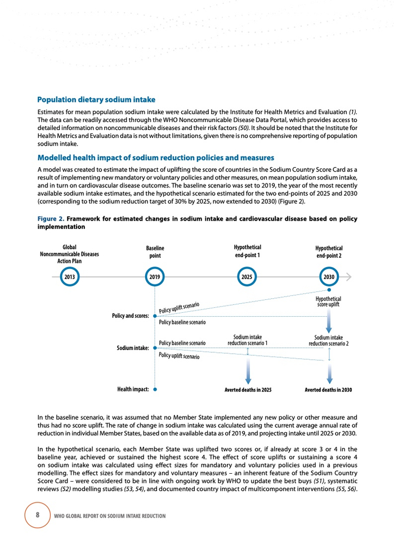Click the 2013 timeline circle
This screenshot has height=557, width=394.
point(69,277)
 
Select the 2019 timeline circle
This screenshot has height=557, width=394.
point(155,277)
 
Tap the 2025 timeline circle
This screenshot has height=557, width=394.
point(247,277)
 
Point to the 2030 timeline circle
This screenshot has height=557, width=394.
point(329,277)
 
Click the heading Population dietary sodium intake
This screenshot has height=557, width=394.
point(96,100)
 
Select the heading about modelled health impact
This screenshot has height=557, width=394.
point(155,157)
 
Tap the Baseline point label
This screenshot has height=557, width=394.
point(155,251)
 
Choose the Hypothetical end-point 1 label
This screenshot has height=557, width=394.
point(247,251)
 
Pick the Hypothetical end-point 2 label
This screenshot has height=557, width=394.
point(329,251)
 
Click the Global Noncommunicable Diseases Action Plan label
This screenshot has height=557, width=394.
point(69,254)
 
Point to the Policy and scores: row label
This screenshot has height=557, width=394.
point(130,316)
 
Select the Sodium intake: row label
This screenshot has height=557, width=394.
point(133,348)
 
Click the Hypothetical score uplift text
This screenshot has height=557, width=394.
point(329,302)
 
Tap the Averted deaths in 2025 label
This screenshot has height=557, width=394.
point(248,389)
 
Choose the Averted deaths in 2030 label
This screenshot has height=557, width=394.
point(329,389)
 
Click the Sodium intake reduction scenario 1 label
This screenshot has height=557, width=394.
point(247,340)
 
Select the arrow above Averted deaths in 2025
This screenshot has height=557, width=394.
point(248,371)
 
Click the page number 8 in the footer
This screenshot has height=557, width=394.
point(38,515)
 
